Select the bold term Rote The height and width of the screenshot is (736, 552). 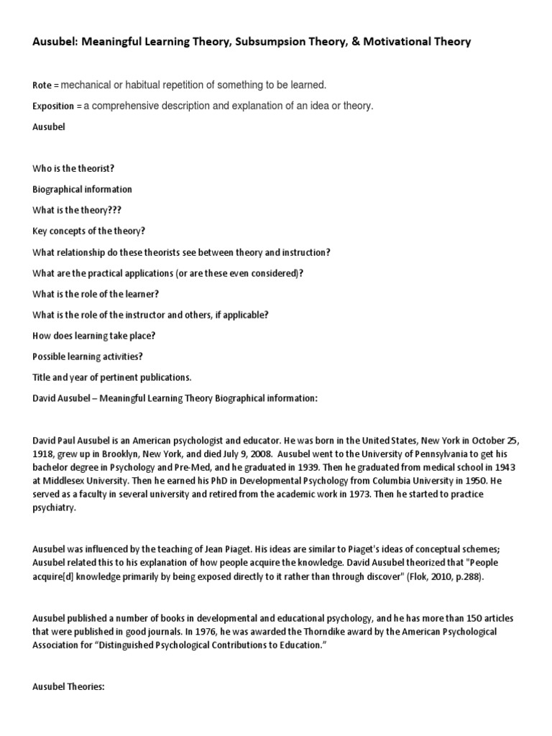(x=42, y=86)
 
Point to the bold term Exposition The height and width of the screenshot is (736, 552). (x=53, y=106)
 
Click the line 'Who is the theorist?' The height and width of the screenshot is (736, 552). (x=73, y=169)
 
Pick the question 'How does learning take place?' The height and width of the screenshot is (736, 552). (x=94, y=336)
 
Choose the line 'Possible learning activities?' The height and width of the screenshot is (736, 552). (x=88, y=356)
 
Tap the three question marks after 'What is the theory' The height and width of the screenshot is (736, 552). (x=124, y=211)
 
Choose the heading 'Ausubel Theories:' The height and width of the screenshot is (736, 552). (x=69, y=686)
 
